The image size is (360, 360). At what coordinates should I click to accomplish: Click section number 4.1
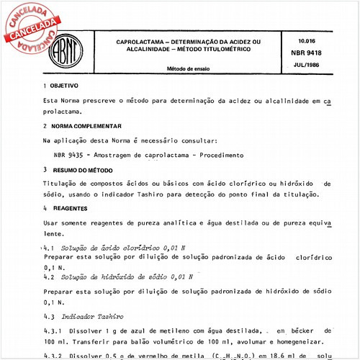(x=50, y=247)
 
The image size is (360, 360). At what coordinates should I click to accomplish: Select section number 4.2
(x=50, y=276)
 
